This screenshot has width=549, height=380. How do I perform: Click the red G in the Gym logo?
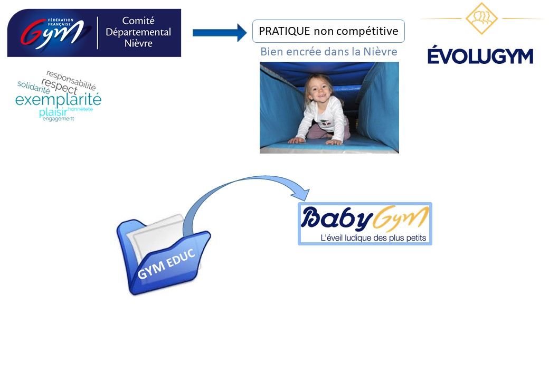[31, 34]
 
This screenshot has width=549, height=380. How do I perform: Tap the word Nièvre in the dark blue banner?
[138, 43]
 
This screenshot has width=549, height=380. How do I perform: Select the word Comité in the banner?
[138, 21]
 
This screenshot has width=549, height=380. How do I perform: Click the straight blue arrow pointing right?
[220, 33]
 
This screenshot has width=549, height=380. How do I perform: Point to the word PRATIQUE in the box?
[285, 31]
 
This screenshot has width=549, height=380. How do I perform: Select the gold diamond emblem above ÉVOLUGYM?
[482, 18]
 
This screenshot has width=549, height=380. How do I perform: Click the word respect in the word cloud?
[59, 86]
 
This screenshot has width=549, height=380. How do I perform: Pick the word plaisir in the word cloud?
[53, 112]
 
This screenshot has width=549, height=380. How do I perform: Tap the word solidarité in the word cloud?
[34, 87]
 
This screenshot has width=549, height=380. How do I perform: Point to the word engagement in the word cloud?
[58, 119]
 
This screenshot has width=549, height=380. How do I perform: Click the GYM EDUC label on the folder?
[166, 264]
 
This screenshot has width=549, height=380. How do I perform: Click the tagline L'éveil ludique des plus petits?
[373, 238]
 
